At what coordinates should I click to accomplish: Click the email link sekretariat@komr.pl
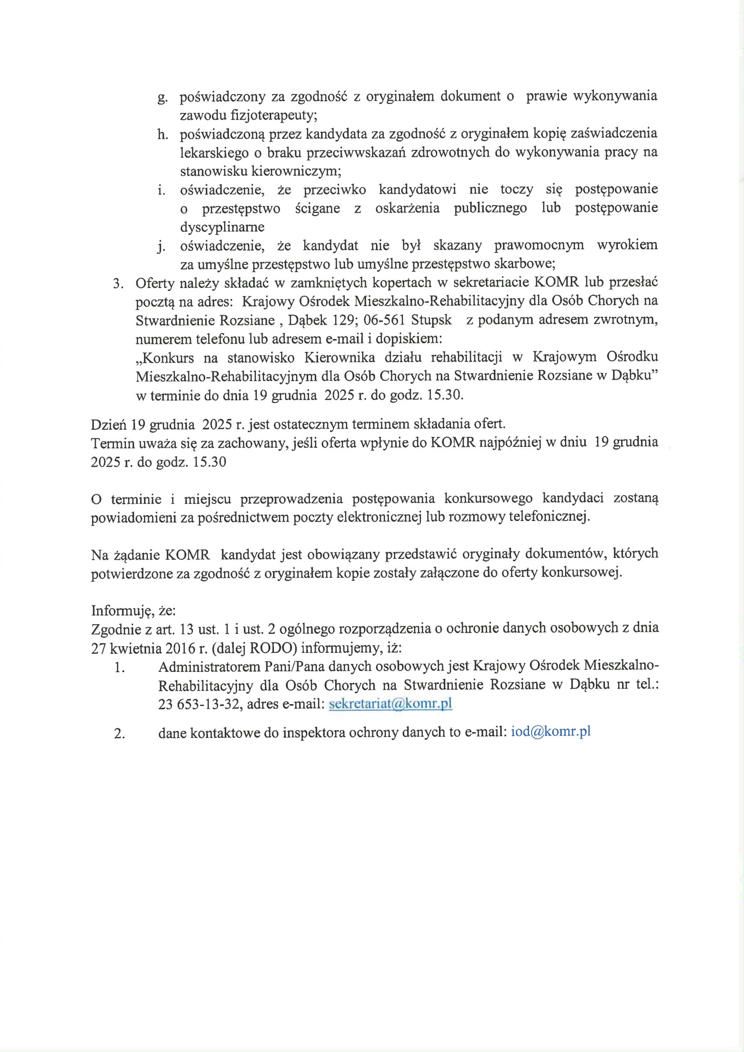(390, 703)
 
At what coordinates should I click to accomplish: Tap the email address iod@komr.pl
(550, 731)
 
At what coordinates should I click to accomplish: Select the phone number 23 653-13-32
(199, 704)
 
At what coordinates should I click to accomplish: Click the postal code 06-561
(384, 319)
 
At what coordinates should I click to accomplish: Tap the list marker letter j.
(161, 247)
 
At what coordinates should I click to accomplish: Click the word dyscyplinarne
(222, 227)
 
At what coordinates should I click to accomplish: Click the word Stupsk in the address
(431, 319)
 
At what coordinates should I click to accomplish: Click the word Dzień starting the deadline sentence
(108, 424)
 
